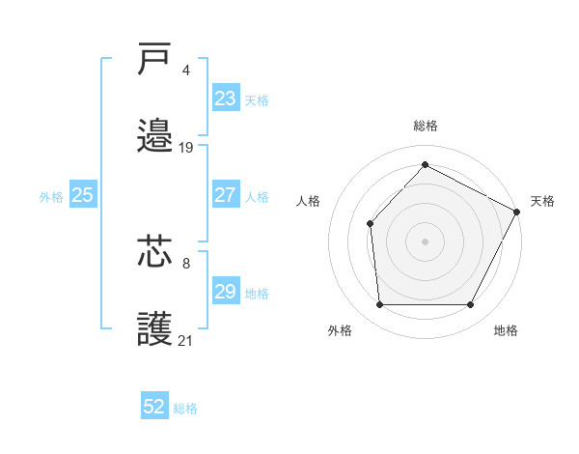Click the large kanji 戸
[155, 59]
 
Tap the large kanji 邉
[155, 136]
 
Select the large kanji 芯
[155, 252]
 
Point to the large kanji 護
[155, 329]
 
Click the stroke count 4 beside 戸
[185, 71]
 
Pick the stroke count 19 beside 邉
[186, 148]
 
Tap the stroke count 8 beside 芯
[185, 263]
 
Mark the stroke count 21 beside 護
[186, 341]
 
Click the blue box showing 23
[226, 99]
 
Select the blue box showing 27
[226, 195]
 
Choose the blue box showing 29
[226, 292]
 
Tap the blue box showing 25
[83, 195]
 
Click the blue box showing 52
[154, 407]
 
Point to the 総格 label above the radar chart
[426, 127]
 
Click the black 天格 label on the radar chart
[543, 201]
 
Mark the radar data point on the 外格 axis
[379, 305]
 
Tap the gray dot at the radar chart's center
[425, 241]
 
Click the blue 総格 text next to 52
[186, 409]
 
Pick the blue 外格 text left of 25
[51, 197]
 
